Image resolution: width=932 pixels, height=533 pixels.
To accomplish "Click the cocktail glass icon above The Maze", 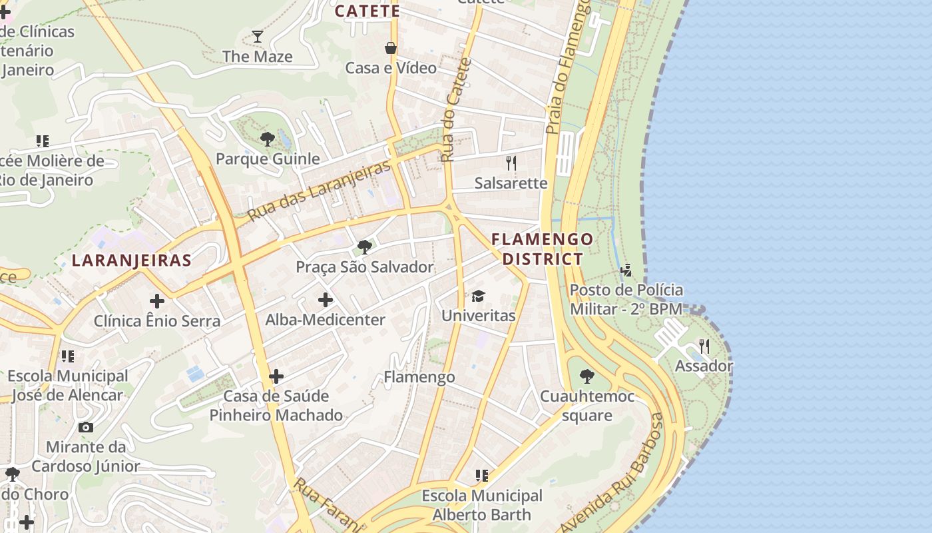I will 258,37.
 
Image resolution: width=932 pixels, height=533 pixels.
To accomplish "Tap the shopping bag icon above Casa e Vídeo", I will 391,48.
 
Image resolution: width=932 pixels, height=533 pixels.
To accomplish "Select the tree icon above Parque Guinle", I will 268,139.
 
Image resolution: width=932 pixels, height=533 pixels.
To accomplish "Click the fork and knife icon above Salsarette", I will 511,163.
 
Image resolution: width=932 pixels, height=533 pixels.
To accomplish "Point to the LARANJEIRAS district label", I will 132,261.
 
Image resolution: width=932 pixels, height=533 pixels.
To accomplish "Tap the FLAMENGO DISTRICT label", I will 542,249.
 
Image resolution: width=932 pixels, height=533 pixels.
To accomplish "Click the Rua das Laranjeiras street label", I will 319,191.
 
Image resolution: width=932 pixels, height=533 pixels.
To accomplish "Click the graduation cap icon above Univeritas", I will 478,296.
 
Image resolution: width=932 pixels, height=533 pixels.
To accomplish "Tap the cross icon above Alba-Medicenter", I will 326,300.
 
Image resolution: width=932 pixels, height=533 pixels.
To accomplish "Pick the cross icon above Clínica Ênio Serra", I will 157,301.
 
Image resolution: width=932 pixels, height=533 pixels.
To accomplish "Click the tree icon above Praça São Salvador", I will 365,247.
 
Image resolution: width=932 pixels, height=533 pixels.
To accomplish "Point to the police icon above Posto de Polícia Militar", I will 626,270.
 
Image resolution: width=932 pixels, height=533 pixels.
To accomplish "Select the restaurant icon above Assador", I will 704,346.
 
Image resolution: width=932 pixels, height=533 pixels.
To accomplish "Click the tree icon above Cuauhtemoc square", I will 586,376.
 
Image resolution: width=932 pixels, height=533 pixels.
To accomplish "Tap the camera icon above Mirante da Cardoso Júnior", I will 86,427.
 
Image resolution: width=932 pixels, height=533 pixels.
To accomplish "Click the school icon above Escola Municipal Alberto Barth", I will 482,476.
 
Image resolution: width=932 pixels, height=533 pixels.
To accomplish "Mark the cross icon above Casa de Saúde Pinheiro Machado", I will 276,376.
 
